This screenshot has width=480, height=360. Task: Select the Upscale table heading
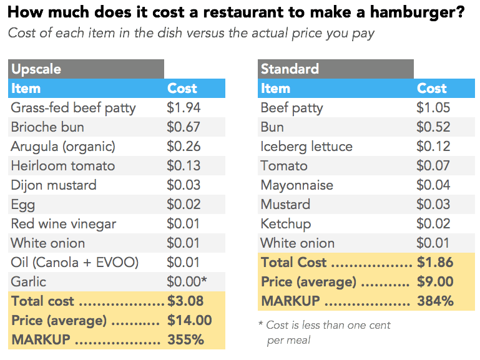pos(36,69)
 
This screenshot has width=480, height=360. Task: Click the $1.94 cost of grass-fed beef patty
pos(184,107)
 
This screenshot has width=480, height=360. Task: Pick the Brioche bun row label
pos(47,127)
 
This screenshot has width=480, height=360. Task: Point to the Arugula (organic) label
pos(63,146)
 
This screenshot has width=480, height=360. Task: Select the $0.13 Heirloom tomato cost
pos(184,165)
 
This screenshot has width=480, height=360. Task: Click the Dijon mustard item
pos(54,185)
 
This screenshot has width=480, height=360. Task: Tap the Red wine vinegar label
pos(64,223)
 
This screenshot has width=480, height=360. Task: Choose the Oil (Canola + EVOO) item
pos(74,262)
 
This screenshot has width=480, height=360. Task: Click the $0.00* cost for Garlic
pos(187,281)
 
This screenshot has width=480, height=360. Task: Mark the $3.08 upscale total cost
pos(185,301)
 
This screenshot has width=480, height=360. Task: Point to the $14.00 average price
pos(190,321)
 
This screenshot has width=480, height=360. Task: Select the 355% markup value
pos(186,340)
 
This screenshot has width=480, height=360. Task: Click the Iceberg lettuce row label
pos(306,146)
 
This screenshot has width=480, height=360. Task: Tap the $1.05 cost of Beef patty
pos(433,107)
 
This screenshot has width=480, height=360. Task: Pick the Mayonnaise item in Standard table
pos(297,185)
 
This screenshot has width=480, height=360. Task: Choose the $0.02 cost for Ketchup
pos(433,223)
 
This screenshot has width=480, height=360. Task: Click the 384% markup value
pos(435,301)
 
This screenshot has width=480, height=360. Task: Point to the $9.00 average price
pos(435,281)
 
